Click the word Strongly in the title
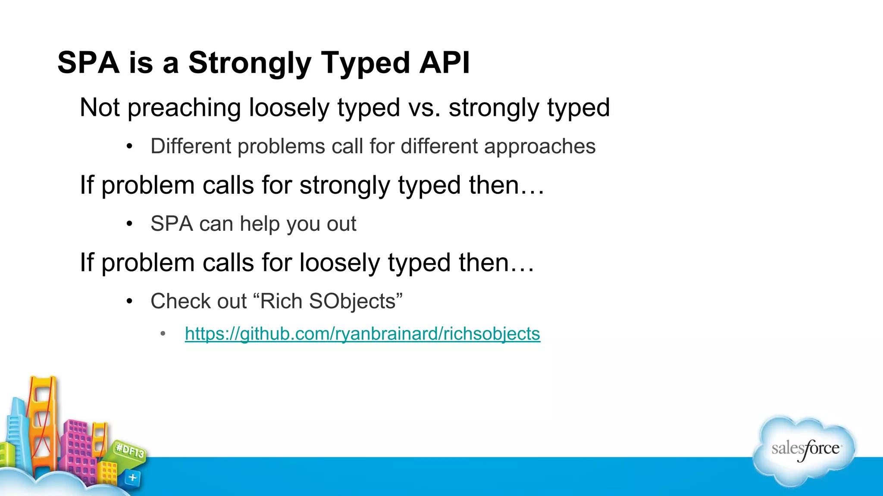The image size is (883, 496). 250,63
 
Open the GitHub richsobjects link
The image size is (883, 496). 362,334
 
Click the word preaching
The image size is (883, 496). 184,108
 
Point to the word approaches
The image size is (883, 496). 539,146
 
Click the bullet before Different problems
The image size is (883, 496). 129,146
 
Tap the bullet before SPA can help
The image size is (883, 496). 129,224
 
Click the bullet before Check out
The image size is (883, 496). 129,301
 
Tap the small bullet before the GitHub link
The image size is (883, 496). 163,334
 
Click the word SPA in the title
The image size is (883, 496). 88,63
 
